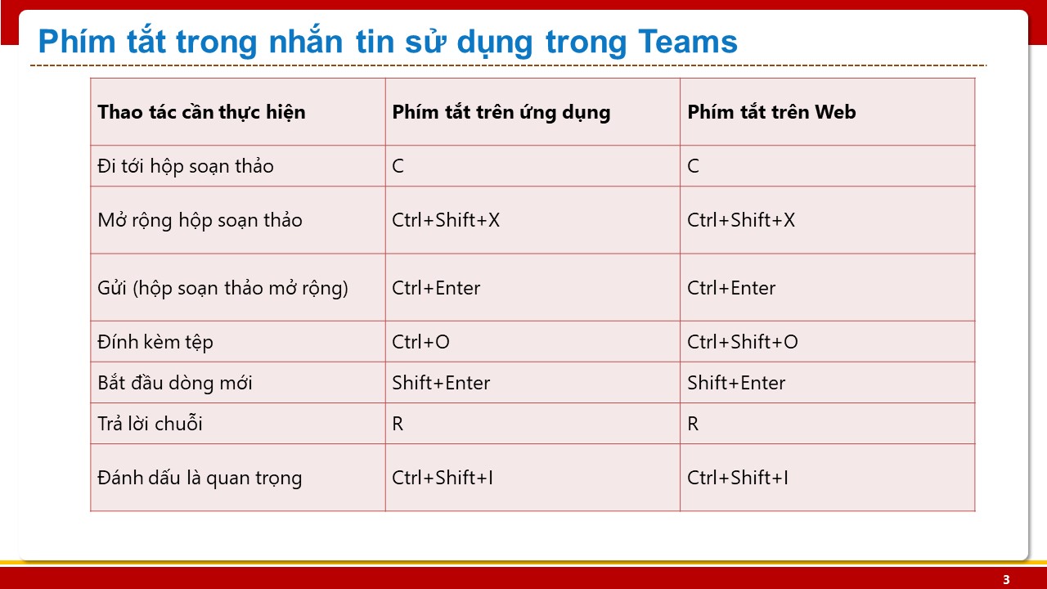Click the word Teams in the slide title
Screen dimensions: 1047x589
[x=688, y=42]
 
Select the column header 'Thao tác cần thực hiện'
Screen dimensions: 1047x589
[x=201, y=113]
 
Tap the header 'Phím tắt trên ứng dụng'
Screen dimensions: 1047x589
[x=501, y=113]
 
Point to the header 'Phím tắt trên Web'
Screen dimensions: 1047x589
[x=771, y=112]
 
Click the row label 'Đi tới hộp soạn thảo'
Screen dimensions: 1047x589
[x=186, y=166]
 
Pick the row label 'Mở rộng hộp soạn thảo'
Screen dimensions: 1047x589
[x=200, y=220]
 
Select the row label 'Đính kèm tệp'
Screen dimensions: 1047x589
[x=155, y=342]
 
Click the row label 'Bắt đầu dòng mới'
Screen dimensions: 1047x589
[x=175, y=382]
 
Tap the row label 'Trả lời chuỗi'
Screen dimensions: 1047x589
[x=150, y=424]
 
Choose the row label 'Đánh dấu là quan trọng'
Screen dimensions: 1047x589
[x=200, y=479]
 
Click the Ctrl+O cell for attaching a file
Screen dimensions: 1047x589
[x=420, y=342]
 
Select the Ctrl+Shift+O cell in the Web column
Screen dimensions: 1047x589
[x=742, y=342]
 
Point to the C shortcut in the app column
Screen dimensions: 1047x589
[x=398, y=166]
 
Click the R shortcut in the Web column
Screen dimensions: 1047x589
[x=693, y=424]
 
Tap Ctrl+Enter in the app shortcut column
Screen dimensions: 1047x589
[x=436, y=288]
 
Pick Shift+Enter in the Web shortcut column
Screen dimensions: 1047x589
[x=736, y=383]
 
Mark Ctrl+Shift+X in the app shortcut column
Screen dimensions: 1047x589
[x=446, y=220]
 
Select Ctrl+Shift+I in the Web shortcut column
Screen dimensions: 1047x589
[x=738, y=478]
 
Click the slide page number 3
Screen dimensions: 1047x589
[x=1006, y=580]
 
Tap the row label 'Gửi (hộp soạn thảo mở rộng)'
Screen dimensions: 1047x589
[x=223, y=288]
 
